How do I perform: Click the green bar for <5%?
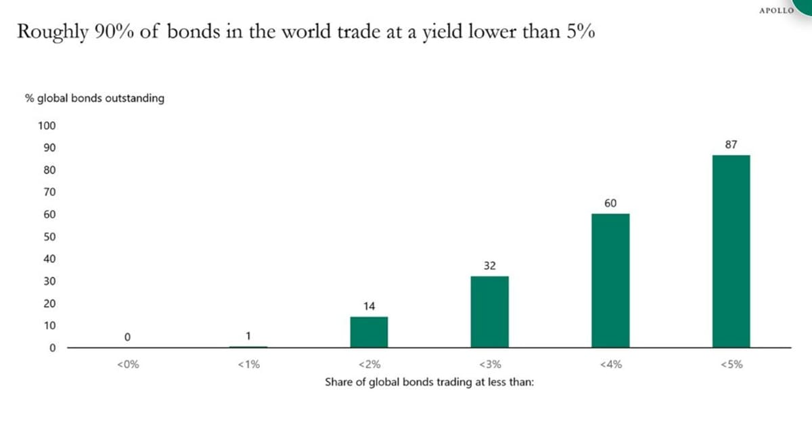731,251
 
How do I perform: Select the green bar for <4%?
610,281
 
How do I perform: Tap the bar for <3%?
489,312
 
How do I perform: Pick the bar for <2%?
369,332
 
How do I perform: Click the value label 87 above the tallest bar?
731,144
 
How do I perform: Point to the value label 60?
610,203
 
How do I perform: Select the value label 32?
490,266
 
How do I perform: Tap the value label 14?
369,306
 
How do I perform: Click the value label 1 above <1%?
248,335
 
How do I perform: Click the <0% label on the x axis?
128,364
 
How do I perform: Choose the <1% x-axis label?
248,364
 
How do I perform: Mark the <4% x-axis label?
610,364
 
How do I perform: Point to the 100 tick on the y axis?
47,126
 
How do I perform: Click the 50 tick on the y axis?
50,237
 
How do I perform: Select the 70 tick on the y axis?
50,192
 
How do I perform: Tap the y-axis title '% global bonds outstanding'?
95,98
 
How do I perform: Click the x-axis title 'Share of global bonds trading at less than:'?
429,382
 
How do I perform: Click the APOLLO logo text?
776,11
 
